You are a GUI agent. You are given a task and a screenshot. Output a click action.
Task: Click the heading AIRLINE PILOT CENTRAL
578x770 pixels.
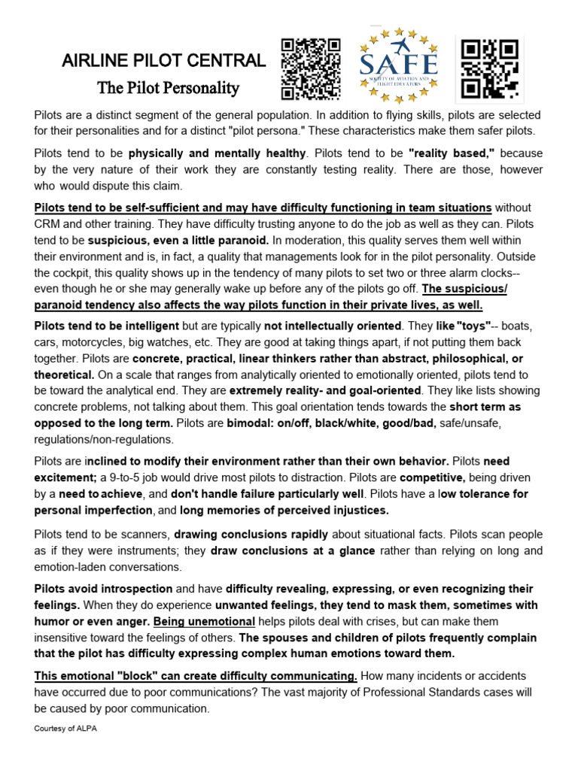click(163, 61)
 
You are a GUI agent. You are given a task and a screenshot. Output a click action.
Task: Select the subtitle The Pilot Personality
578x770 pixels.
click(169, 88)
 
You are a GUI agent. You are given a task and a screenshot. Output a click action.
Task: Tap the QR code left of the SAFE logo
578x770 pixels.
click(311, 69)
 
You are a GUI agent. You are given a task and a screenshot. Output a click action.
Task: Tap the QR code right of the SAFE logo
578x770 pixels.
click(490, 69)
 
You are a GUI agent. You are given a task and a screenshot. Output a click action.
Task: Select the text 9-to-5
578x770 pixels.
click(135, 478)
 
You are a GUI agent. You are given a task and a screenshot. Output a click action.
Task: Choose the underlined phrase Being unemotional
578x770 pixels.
click(204, 621)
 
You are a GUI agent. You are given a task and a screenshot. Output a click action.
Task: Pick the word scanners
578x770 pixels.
click(141, 535)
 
